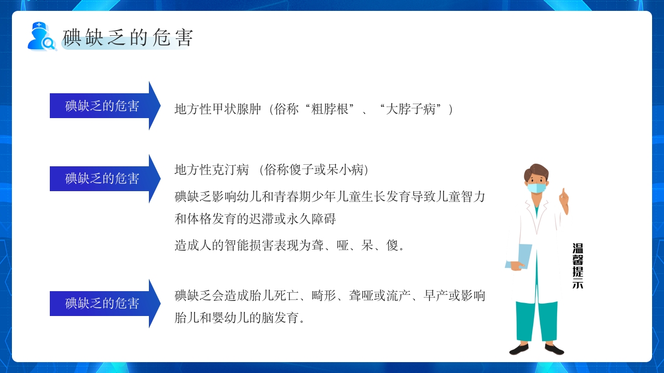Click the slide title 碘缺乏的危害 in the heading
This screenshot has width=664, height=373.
click(x=128, y=38)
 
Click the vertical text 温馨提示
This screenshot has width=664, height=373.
click(x=577, y=265)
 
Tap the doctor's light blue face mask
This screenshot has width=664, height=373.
click(x=537, y=187)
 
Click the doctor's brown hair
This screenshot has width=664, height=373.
click(x=536, y=171)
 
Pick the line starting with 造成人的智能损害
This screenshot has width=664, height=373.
click(x=289, y=245)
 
